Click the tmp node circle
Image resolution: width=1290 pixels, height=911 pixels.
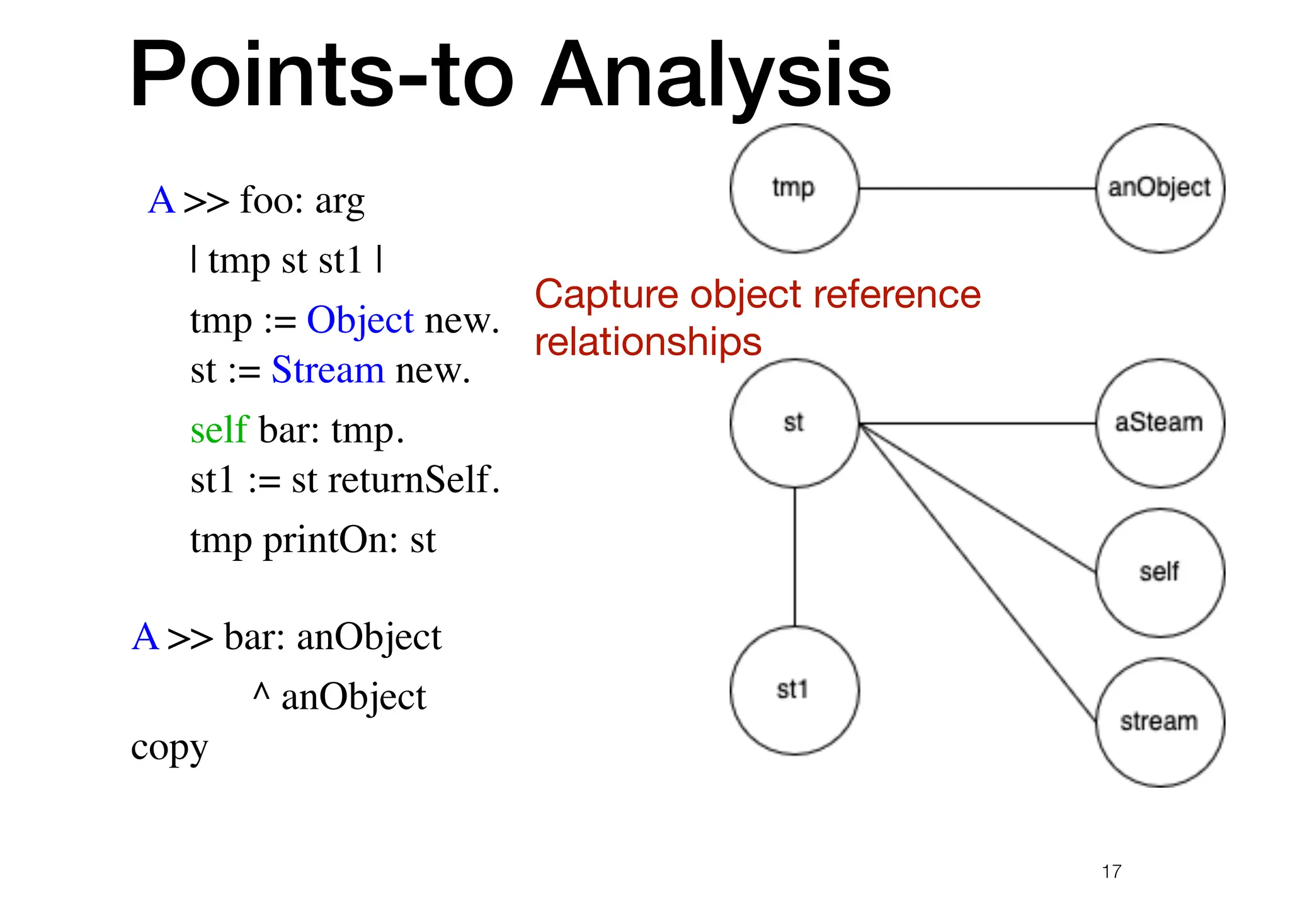794,188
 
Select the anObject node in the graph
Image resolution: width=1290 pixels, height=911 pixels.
1160,188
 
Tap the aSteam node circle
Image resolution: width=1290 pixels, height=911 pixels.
1160,423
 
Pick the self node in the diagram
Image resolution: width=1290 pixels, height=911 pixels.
1160,572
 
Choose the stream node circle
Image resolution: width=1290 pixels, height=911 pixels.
1160,722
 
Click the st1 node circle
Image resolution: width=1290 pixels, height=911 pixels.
794,690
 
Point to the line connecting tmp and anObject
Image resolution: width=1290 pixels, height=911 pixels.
976,188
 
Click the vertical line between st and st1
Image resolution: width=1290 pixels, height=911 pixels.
794,557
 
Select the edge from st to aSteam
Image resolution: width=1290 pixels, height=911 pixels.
976,423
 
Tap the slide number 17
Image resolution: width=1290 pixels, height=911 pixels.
1112,871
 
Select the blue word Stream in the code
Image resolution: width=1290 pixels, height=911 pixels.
328,370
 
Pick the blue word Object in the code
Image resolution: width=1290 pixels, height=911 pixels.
360,320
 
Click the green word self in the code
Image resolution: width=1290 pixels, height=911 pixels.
219,430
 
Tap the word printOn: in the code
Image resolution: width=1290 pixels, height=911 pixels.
331,540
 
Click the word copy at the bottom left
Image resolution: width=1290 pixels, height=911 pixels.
169,749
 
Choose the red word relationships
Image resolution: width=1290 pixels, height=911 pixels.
648,342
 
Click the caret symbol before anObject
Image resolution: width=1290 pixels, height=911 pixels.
261,693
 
